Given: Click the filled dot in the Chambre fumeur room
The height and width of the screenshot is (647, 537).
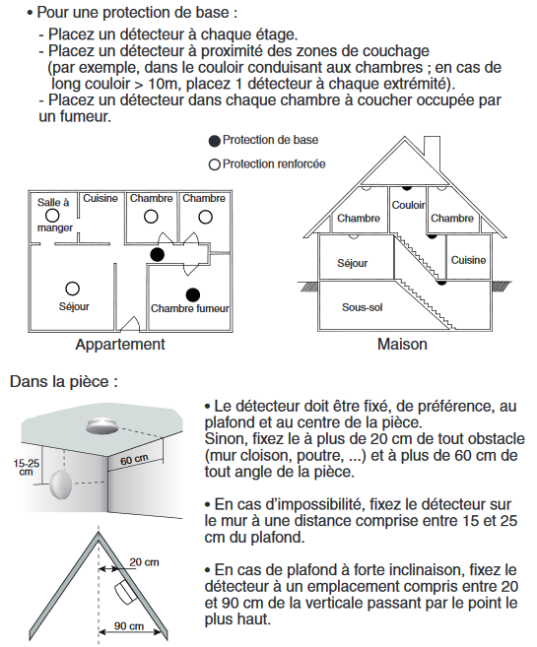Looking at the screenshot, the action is pos(193,294).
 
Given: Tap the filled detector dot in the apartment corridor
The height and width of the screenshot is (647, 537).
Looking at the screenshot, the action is pos(158,255).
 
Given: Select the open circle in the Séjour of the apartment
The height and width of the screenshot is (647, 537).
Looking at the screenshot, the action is pos(73,289).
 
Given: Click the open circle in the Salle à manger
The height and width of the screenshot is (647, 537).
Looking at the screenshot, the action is pos(52,216).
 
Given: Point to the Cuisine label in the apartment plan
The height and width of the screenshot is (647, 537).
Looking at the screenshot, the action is pos(101,199).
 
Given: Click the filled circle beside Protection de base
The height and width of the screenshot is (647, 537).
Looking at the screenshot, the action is pos(214,141).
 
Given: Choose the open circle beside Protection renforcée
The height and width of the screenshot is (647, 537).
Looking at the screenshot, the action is pos(214,164).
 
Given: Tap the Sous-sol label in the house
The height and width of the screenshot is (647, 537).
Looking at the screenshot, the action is pos(362,307).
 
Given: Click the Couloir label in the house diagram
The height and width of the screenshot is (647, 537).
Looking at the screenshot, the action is pos(408,205).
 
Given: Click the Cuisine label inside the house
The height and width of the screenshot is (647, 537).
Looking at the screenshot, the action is pos(468,260).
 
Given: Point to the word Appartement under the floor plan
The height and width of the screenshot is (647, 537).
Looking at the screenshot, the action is pos(120,344).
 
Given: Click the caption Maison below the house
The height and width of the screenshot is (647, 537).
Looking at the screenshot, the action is pos(402,344).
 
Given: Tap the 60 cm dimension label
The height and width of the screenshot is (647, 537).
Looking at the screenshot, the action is pos(134,459).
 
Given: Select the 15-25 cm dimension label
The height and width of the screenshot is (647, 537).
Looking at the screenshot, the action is pos(27,467).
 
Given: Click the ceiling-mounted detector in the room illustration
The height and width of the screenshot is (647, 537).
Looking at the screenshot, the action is pos(101,425).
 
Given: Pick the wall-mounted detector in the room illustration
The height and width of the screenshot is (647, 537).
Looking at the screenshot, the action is pos(61,485).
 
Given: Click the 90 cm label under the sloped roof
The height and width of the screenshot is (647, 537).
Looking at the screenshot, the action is pos(129,626).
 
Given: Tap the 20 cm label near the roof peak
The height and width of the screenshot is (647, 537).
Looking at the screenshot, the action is pos(144,562).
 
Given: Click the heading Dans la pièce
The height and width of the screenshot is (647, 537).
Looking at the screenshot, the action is pos(64,382).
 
